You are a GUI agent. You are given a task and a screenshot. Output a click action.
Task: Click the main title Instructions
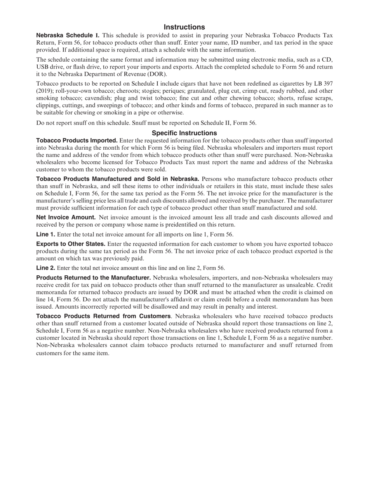click(x=184, y=27)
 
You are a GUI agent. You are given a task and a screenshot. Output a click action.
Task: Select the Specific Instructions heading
click(x=184, y=133)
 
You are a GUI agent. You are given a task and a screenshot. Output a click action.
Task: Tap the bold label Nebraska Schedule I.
click(x=68, y=35)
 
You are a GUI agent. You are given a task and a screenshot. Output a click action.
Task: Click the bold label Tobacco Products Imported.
click(x=77, y=140)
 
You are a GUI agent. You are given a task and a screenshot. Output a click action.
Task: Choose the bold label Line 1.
click(x=45, y=234)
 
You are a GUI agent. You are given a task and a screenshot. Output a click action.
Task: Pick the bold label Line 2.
click(x=45, y=268)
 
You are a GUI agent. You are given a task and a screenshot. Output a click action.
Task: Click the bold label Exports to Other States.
click(x=71, y=244)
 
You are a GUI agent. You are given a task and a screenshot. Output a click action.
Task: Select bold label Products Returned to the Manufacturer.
click(x=93, y=278)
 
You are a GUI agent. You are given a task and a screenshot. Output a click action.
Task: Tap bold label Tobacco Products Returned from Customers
click(x=103, y=316)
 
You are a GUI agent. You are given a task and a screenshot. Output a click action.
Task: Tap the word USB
click(x=43, y=67)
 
